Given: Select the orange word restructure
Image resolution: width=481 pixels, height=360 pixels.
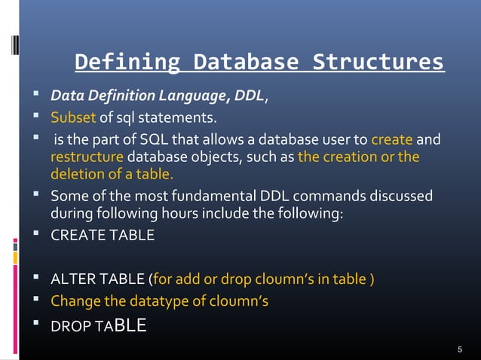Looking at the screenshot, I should click(87, 157).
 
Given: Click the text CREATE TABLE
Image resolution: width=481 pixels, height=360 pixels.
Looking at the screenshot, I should click(102, 235).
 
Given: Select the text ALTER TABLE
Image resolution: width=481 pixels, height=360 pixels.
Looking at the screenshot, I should click(98, 280).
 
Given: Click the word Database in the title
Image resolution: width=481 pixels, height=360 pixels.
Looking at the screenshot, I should click(245, 61).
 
